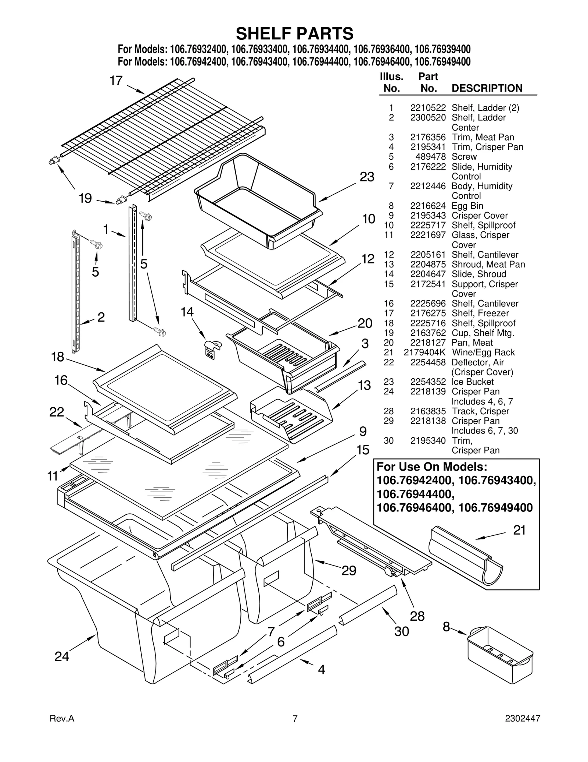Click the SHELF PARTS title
(294, 33)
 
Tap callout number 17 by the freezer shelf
(116, 81)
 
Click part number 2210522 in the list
(428, 108)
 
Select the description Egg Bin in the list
(467, 206)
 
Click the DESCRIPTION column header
(487, 88)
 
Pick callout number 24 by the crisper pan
(62, 656)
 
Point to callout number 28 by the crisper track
(417, 616)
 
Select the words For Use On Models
(432, 467)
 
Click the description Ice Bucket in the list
(472, 382)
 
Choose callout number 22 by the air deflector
(57, 412)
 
